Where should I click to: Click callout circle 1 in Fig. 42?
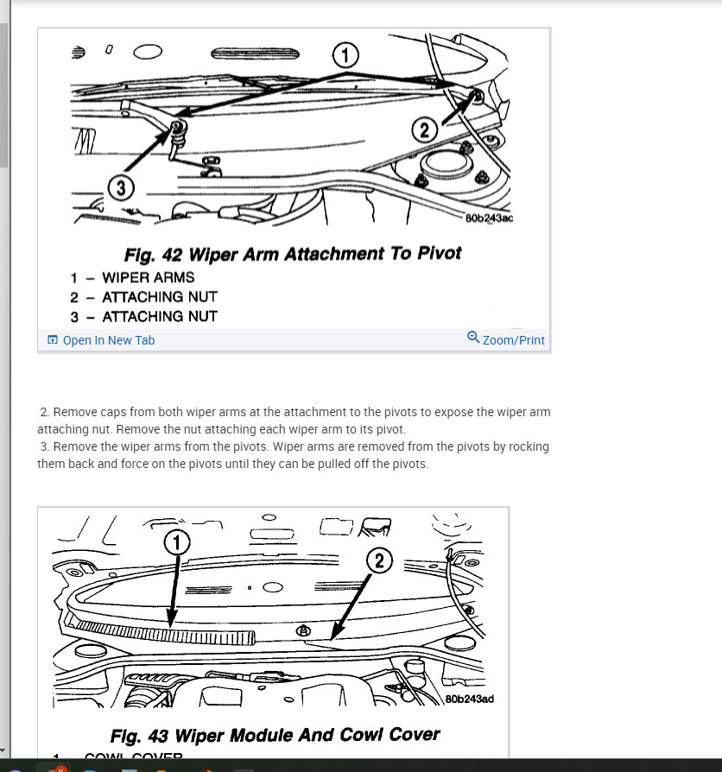point(345,56)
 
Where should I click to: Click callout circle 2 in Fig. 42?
point(424,130)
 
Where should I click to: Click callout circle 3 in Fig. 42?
point(121,186)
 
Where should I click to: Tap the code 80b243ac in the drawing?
point(489,218)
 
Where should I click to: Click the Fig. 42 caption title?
point(294,254)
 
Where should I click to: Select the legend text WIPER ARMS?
point(148,277)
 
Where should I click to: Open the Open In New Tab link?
point(108,340)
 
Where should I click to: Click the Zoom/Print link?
point(513,340)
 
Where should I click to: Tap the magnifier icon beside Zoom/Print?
point(473,338)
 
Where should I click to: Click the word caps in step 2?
point(121,412)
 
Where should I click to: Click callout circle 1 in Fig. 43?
point(176,543)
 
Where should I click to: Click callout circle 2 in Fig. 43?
point(379,561)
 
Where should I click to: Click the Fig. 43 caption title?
point(275,736)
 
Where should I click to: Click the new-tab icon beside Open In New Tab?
point(53,340)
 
